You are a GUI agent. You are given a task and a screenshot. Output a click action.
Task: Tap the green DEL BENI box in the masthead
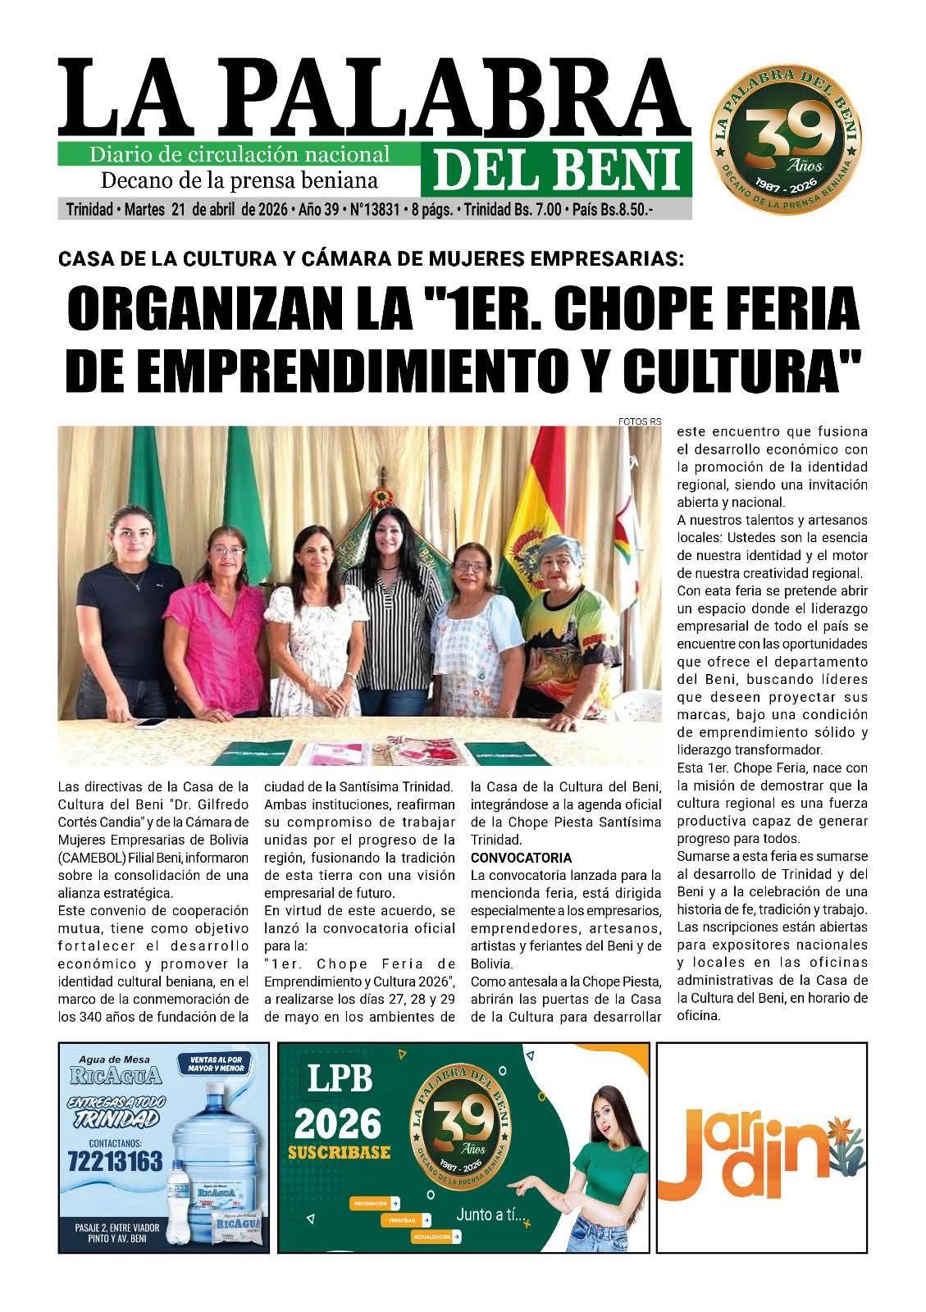[556, 170]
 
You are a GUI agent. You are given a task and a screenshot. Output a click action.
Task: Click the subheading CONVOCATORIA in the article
[521, 858]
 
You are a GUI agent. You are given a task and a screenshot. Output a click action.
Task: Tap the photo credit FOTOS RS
[640, 421]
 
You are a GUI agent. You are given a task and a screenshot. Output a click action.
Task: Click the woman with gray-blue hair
[572, 623]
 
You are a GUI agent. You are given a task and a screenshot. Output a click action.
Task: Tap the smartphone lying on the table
[151, 722]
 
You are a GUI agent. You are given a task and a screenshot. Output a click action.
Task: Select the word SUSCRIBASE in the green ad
[340, 1153]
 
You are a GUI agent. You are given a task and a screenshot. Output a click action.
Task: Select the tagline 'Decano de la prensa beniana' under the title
[239, 180]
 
